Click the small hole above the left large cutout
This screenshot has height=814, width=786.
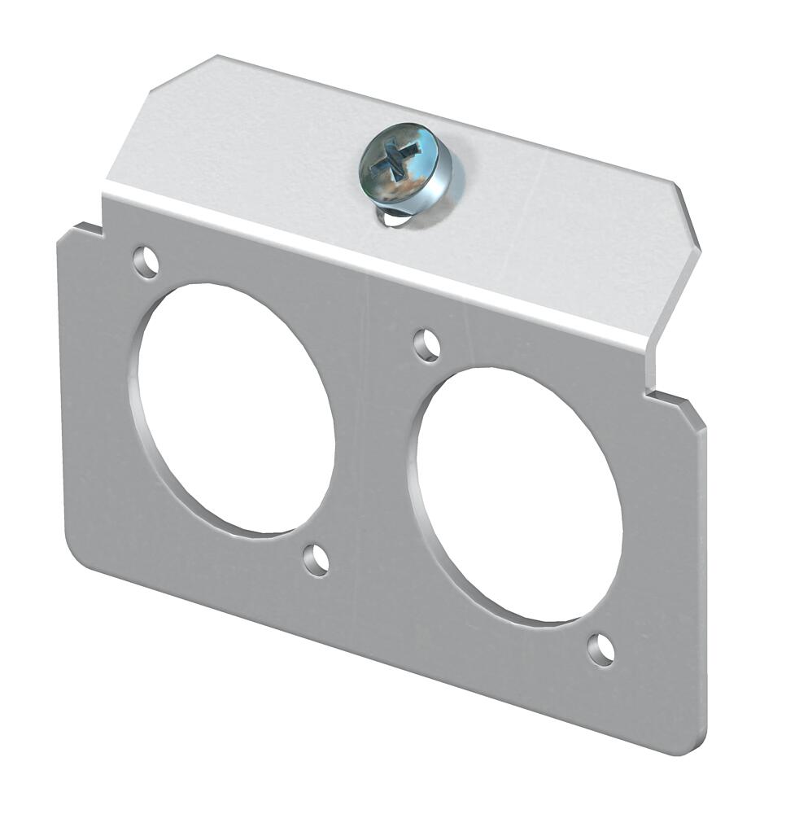tap(146, 262)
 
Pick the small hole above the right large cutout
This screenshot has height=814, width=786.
tap(427, 345)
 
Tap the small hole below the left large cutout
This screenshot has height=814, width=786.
tap(317, 560)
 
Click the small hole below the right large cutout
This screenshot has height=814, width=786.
tap(601, 649)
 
